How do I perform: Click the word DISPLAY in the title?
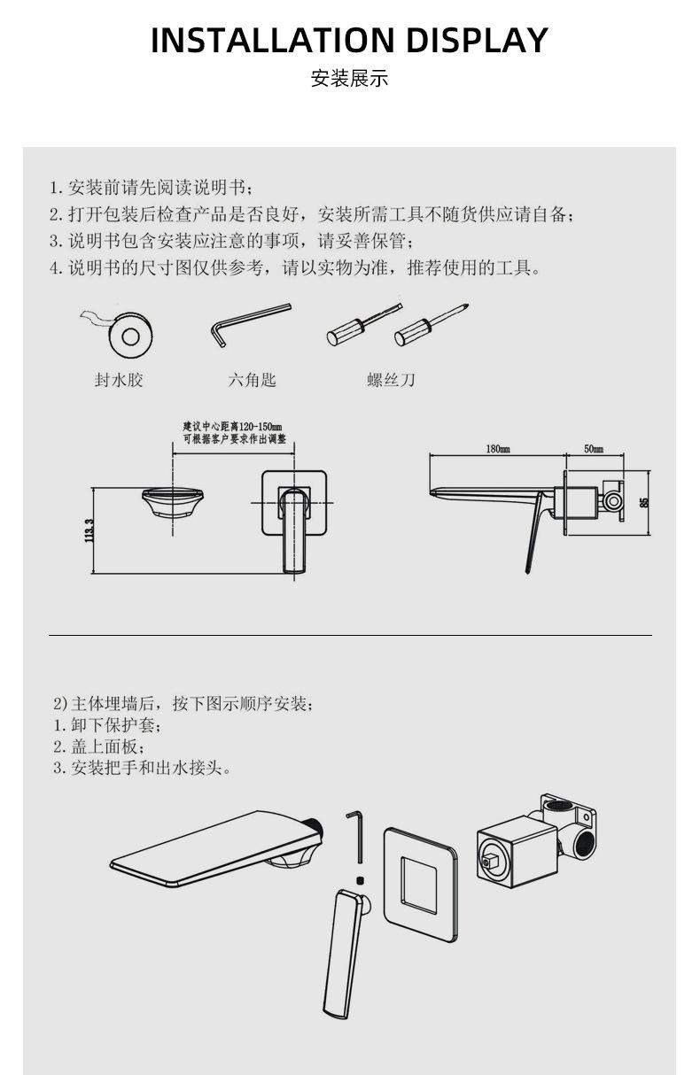(477, 41)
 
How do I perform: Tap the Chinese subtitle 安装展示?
(349, 79)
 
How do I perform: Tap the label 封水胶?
(119, 380)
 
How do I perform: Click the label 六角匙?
(252, 380)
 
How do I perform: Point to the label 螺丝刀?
(391, 380)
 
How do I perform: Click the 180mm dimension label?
(497, 449)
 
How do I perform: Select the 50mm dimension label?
(593, 449)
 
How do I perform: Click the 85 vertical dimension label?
(644, 502)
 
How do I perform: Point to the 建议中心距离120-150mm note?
(232, 432)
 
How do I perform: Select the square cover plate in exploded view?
(421, 874)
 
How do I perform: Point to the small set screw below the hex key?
(360, 879)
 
